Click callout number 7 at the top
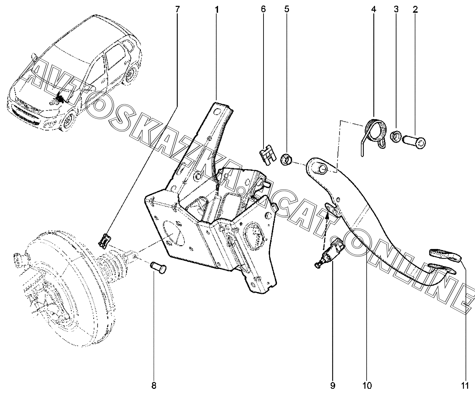click(x=177, y=9)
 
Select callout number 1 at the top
click(x=217, y=10)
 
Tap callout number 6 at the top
click(x=263, y=9)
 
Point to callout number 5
click(x=287, y=9)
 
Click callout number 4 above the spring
click(x=373, y=9)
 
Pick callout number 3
click(x=396, y=9)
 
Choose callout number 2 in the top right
click(x=415, y=9)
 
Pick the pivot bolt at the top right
click(x=414, y=143)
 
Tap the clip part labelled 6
click(x=268, y=154)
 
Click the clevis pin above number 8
click(x=158, y=268)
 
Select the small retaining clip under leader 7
click(x=105, y=240)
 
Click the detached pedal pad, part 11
click(x=445, y=255)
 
